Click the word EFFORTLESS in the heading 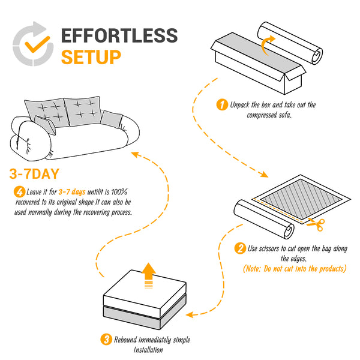coord(119,35)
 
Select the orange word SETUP coord(91,57)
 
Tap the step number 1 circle coord(221,104)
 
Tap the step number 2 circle coord(240,248)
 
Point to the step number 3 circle coord(107,340)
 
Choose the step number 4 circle coord(19,192)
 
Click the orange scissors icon coord(317,224)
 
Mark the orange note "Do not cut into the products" coord(295,268)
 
